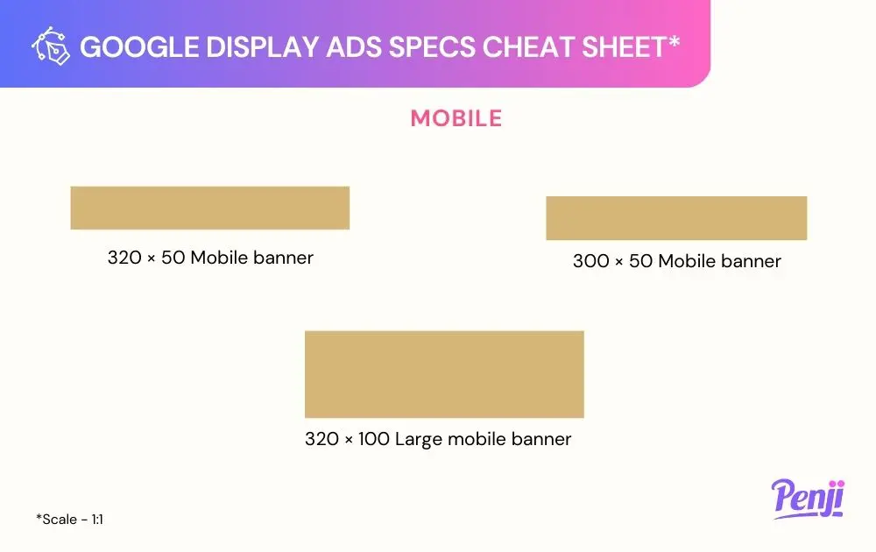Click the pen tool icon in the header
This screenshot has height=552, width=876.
point(51,46)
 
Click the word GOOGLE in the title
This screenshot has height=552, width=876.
point(139,47)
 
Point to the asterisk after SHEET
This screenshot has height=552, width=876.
point(674,41)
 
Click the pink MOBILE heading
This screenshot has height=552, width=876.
point(456,118)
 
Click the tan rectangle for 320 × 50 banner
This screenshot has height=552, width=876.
point(210,208)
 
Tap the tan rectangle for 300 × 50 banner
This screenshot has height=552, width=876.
point(676,218)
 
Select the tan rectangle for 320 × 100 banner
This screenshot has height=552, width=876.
point(444,374)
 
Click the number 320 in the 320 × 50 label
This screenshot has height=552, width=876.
point(124,258)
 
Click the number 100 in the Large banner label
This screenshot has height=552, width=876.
point(374,439)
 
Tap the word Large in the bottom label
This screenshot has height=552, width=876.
point(419,440)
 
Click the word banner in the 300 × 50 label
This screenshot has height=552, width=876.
point(751,261)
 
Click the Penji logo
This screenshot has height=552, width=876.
point(809,499)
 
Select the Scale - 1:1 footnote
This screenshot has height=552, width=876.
point(70,519)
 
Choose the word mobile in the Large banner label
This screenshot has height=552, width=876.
point(477,439)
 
